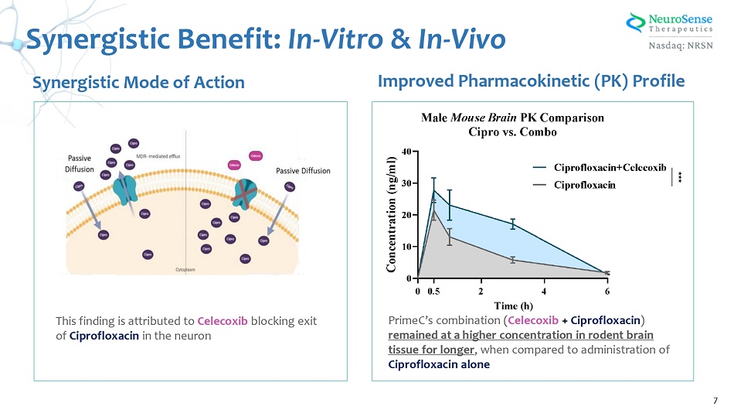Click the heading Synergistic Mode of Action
point(138,82)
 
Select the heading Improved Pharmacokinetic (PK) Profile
point(530,80)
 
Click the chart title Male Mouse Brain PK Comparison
point(512,118)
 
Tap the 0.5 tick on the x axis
point(433,292)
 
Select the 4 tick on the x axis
point(544,292)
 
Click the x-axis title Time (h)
point(513,305)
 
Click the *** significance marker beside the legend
point(679,176)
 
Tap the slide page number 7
point(715,400)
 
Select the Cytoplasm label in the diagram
point(185,271)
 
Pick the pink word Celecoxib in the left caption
point(223,321)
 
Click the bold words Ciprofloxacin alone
point(439,364)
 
